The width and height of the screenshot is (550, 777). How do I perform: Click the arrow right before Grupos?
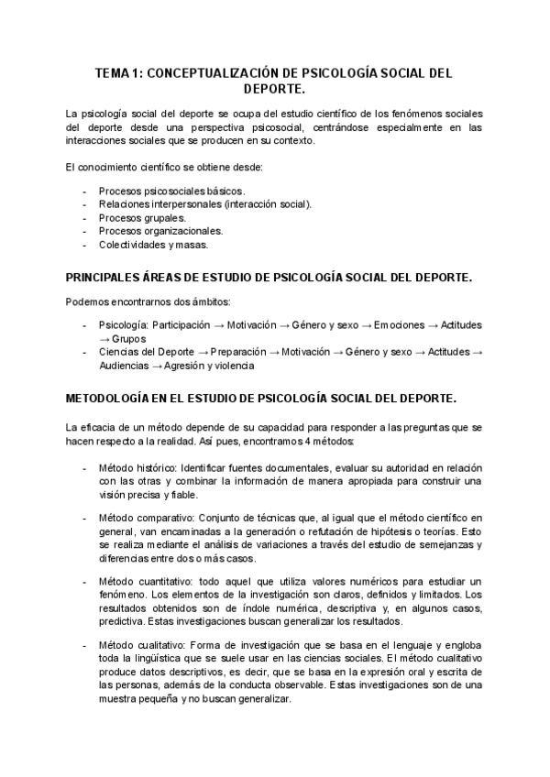click(105, 338)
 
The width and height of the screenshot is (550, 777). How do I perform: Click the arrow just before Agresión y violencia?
click(158, 366)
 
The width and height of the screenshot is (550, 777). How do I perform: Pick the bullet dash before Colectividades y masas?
click(84, 245)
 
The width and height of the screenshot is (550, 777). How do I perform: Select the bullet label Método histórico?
click(137, 468)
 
